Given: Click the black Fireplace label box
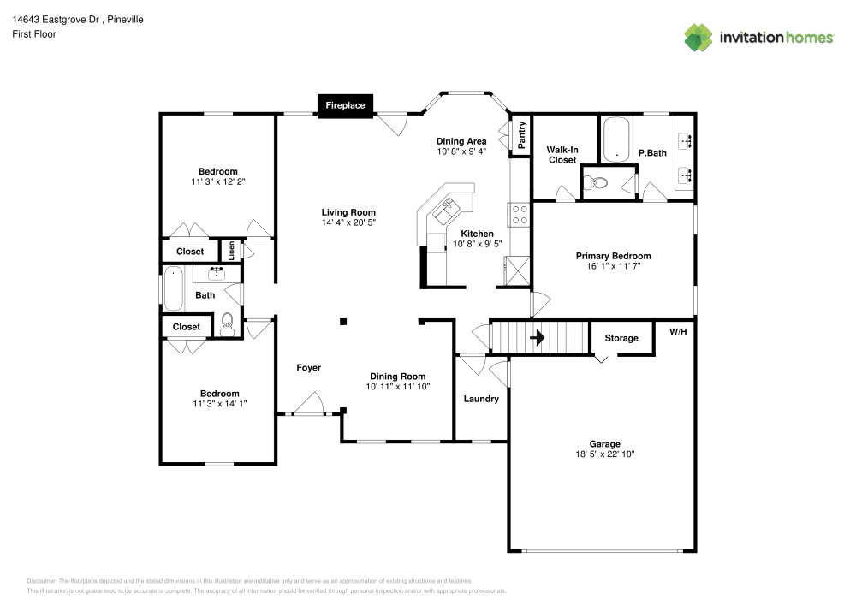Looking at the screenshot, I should pyautogui.click(x=345, y=105).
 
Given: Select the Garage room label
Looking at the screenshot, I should pyautogui.click(x=604, y=444).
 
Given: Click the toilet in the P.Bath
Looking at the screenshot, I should pyautogui.click(x=597, y=182).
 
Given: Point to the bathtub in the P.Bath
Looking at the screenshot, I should pyautogui.click(x=615, y=140).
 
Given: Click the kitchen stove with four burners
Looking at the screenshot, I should pyautogui.click(x=518, y=214).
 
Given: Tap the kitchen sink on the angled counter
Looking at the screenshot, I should pyautogui.click(x=446, y=210).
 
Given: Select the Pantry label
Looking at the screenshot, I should pyautogui.click(x=520, y=135).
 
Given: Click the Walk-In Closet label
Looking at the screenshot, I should pyautogui.click(x=562, y=155).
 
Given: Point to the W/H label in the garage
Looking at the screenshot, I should pyautogui.click(x=679, y=331).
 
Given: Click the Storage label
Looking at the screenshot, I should pyautogui.click(x=621, y=338).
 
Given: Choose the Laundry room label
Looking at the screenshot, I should pyautogui.click(x=481, y=399).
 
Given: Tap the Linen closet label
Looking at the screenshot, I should pyautogui.click(x=231, y=251).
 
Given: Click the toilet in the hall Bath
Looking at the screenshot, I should pyautogui.click(x=227, y=323).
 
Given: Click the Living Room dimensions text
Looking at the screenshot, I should pyautogui.click(x=348, y=223).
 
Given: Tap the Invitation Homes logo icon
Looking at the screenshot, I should pyautogui.click(x=698, y=38).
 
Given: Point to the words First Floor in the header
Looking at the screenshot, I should pyautogui.click(x=34, y=34).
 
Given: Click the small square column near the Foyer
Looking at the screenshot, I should pyautogui.click(x=343, y=322).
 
